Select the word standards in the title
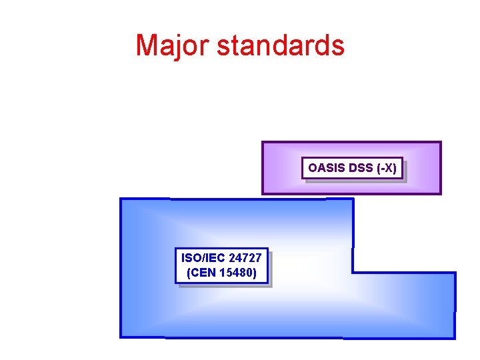[281, 45]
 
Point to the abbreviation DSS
[361, 168]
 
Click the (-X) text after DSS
[387, 168]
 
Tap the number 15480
[238, 273]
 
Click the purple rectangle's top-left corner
[263, 142]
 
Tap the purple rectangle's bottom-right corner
[441, 193]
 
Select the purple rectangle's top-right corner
[441, 142]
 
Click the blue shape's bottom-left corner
[121, 337]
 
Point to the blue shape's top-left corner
[121, 199]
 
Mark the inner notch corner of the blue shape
[353, 272]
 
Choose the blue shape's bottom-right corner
[455, 338]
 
